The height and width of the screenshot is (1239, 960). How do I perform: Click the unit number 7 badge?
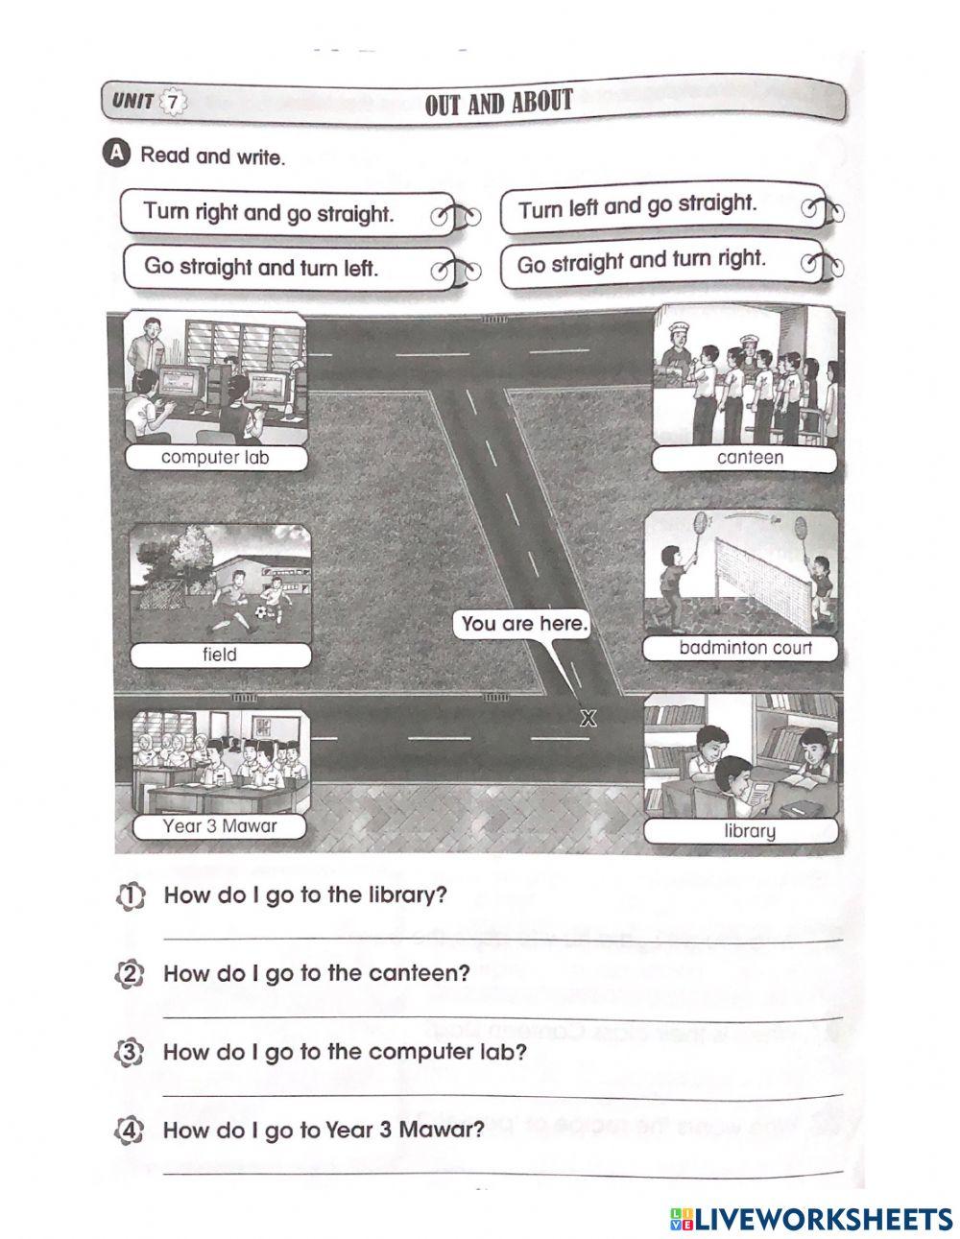[172, 101]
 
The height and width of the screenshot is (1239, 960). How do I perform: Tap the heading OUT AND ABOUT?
[498, 102]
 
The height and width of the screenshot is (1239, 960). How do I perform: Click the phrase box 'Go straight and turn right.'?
[641, 261]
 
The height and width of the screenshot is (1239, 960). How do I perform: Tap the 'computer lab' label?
[215, 458]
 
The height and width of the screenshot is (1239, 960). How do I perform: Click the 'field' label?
[220, 655]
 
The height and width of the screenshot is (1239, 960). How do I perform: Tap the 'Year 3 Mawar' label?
[220, 825]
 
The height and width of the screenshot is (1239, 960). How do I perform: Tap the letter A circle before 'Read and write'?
[117, 155]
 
